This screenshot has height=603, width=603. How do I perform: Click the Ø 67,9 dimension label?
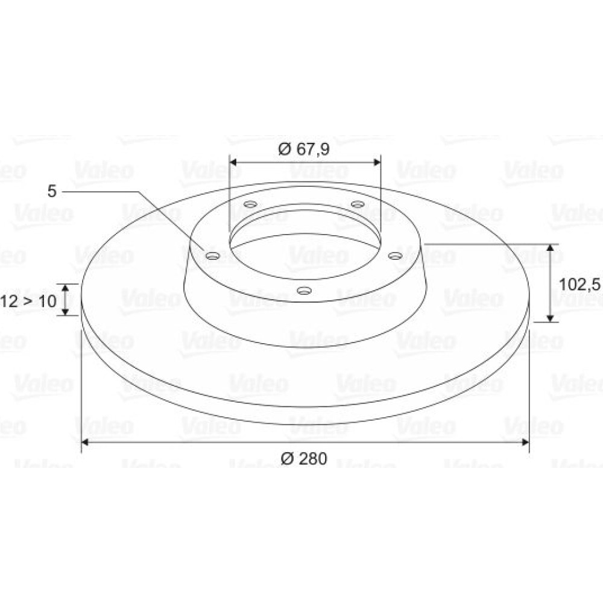coord(304,149)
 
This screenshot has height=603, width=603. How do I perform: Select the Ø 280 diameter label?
coord(304,458)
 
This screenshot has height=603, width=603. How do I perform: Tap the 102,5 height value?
coord(579,285)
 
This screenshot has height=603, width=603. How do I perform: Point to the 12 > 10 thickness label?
coord(28,301)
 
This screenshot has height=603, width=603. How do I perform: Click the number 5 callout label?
coord(52,191)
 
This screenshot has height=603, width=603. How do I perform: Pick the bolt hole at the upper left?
coord(251,204)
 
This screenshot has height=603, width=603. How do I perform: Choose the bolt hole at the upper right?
coord(358,204)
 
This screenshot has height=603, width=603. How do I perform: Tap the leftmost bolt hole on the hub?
coord(212,255)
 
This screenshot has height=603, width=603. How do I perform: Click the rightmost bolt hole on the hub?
coord(394,255)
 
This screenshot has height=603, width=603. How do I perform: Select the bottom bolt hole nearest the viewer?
coord(304,290)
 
